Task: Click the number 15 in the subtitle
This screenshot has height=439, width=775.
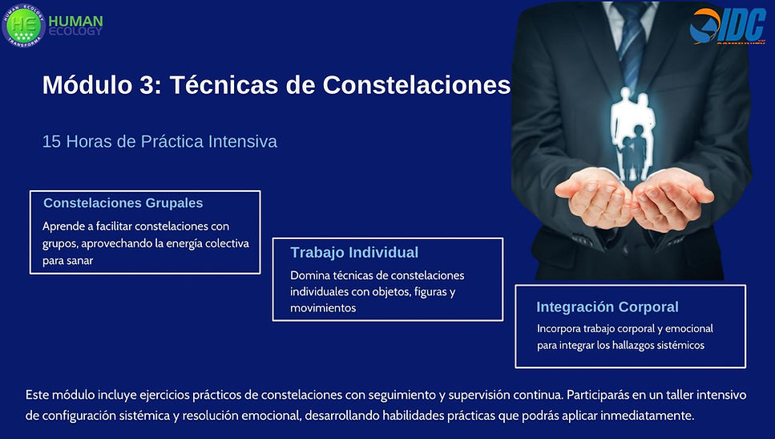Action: tap(51, 141)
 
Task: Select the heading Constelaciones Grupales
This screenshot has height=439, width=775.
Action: tap(123, 203)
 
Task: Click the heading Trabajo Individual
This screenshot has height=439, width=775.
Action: tap(354, 253)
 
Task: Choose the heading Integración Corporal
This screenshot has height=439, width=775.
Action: tap(607, 307)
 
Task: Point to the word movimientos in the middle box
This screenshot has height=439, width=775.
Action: tap(323, 307)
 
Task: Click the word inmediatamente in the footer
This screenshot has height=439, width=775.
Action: tap(637, 416)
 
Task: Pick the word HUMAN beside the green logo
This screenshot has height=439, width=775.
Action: tap(75, 20)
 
